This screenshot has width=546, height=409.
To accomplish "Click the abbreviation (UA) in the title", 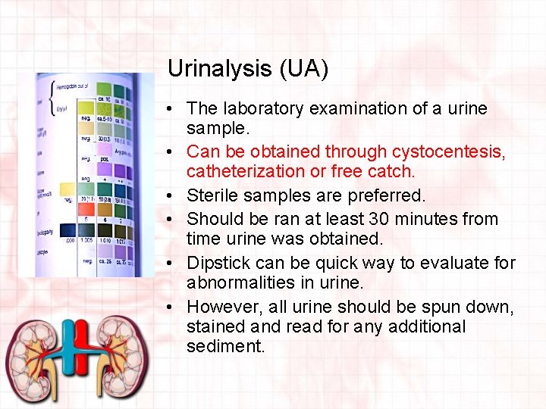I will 303,69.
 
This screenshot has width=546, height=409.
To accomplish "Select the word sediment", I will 226,347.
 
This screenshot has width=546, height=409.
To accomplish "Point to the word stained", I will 218,327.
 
